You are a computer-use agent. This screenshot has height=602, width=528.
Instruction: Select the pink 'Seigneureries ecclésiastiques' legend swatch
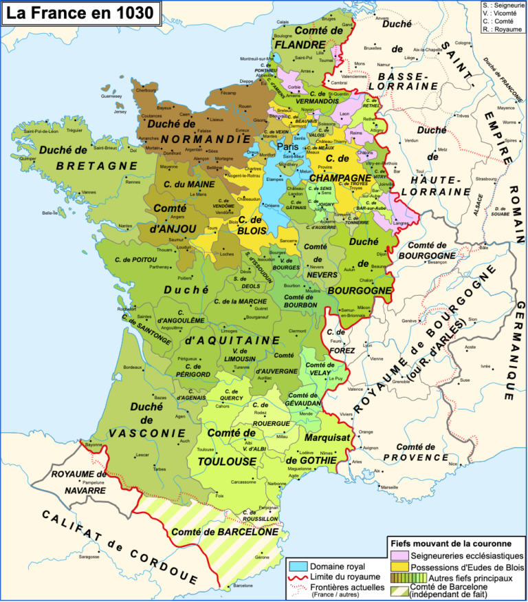click(399, 555)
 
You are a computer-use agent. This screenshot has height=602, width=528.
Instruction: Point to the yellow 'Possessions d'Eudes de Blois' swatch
click(399, 567)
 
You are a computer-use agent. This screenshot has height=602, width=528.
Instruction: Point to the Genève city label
click(410, 321)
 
